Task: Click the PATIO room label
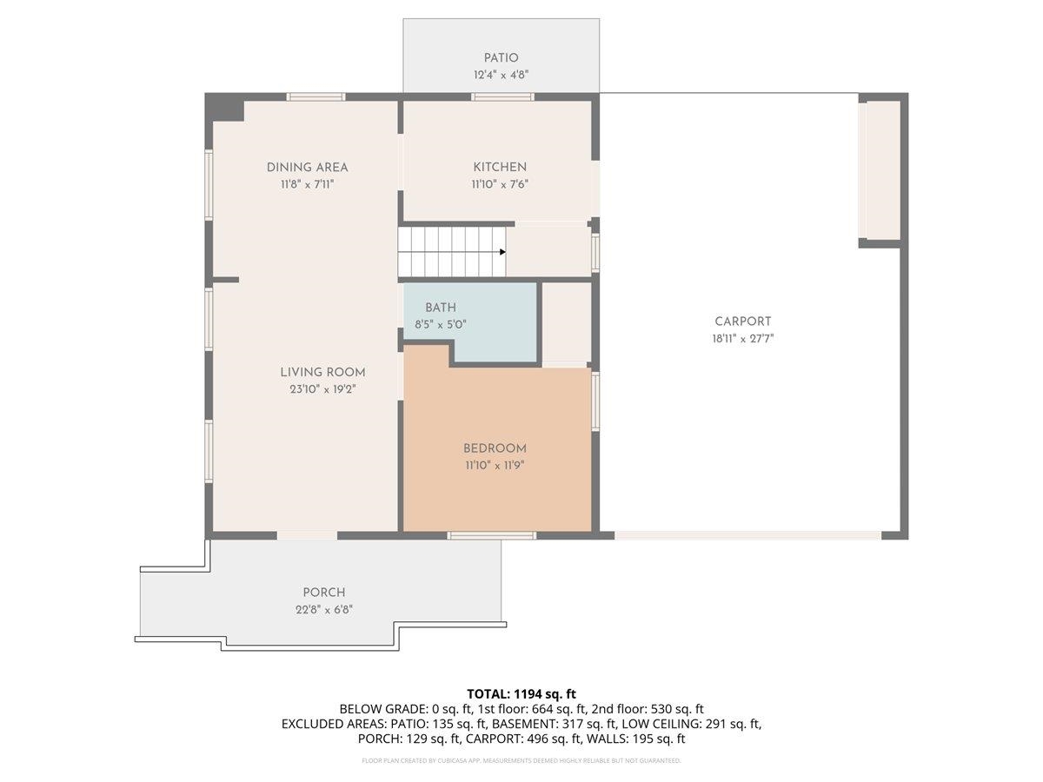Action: pyautogui.click(x=501, y=58)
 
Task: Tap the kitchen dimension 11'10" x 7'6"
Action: pyautogui.click(x=500, y=184)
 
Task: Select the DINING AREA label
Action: pyautogui.click(x=307, y=167)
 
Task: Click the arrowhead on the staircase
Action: pyautogui.click(x=502, y=252)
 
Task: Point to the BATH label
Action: pyautogui.click(x=440, y=308)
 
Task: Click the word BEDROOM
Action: pyautogui.click(x=495, y=448)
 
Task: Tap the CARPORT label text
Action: pyautogui.click(x=742, y=321)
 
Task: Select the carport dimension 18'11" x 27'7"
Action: pyautogui.click(x=742, y=339)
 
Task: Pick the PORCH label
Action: pyautogui.click(x=323, y=593)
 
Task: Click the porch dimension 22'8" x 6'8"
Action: pyautogui.click(x=323, y=609)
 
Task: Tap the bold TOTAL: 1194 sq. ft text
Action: pyautogui.click(x=521, y=693)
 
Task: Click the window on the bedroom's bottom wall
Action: pyautogui.click(x=491, y=535)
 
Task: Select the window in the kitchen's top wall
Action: pyautogui.click(x=490, y=96)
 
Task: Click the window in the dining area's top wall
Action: pyautogui.click(x=316, y=96)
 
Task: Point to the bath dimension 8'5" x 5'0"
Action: pyautogui.click(x=441, y=324)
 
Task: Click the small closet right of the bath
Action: pyautogui.click(x=567, y=321)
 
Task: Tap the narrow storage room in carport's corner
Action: pyautogui.click(x=880, y=170)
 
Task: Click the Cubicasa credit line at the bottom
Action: pyautogui.click(x=521, y=760)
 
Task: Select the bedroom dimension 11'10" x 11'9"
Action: pyautogui.click(x=495, y=466)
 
